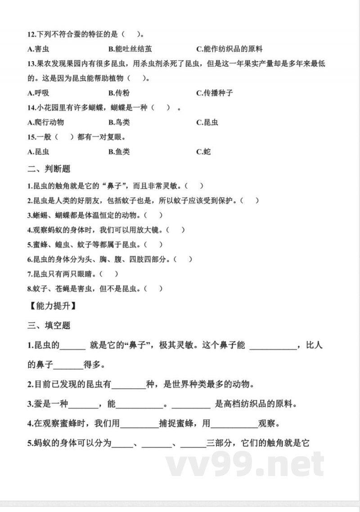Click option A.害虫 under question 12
click(39, 49)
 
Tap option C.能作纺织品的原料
click(229, 49)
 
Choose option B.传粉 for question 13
click(119, 93)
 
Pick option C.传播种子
click(215, 93)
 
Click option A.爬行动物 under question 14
click(45, 122)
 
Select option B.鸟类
click(119, 122)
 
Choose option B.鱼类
click(119, 152)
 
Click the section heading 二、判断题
click(49, 169)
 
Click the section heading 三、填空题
click(49, 325)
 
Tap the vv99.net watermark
click(245, 464)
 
